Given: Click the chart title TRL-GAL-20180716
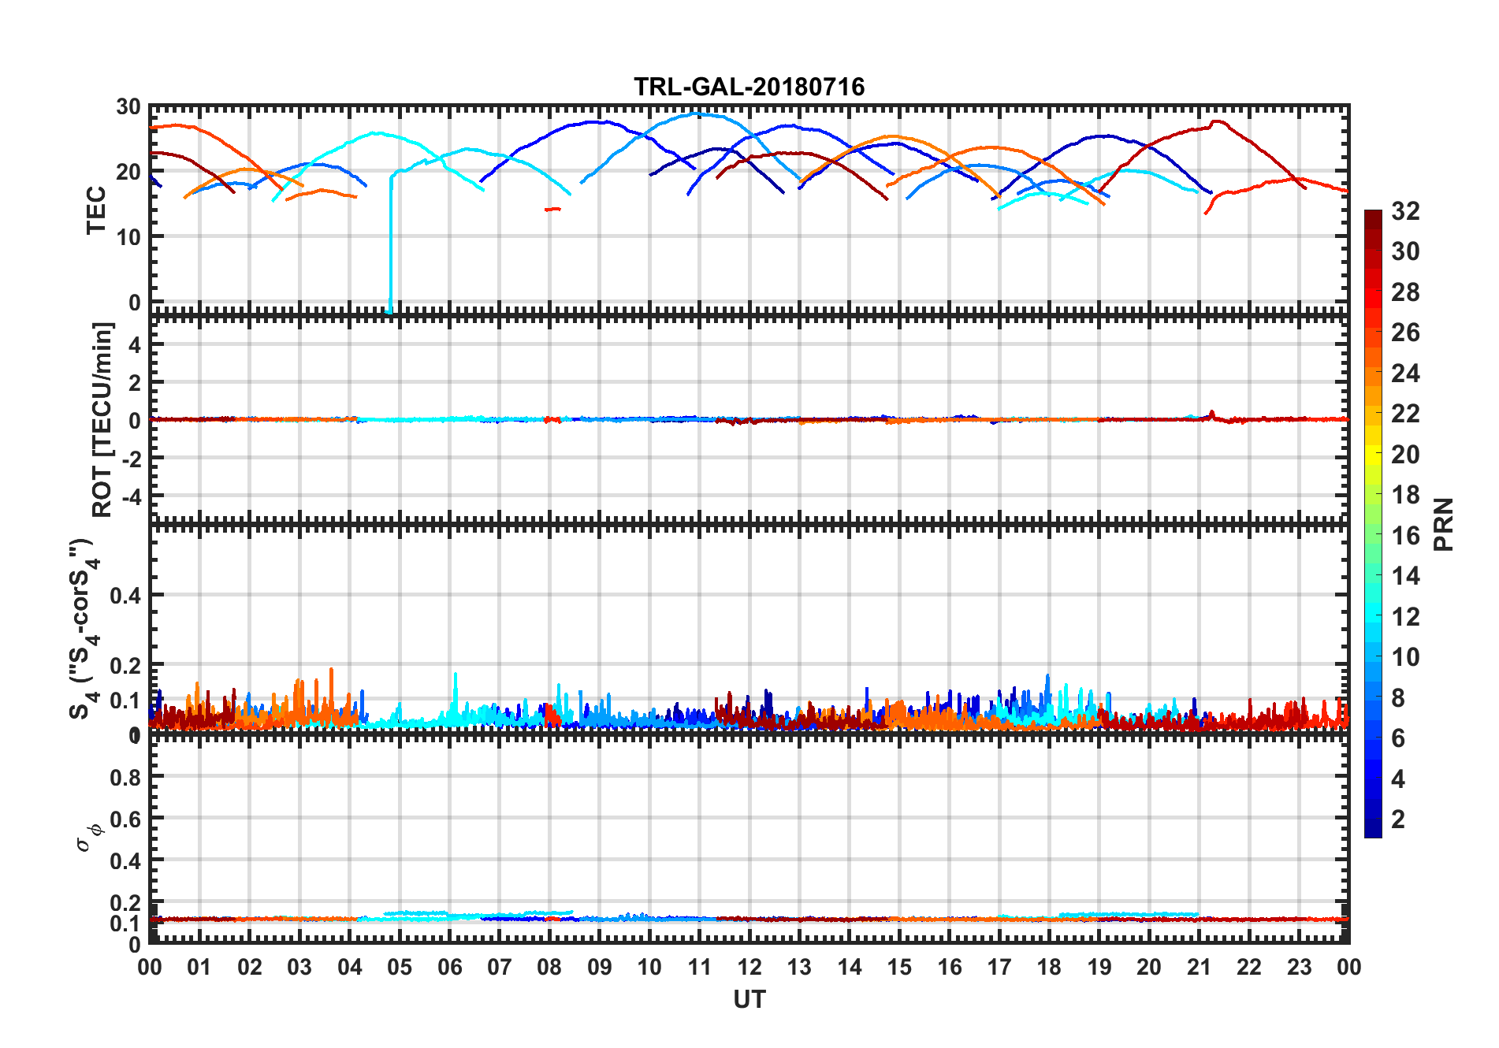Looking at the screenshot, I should point(749,86).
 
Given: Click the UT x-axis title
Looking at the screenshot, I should point(749,999).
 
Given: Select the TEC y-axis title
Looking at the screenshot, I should point(96,210).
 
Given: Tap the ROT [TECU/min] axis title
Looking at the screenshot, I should point(102,419).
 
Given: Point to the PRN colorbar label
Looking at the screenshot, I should point(1443,524).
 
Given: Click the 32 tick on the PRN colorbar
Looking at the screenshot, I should point(1405,211).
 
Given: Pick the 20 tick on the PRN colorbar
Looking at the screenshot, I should point(1405,455).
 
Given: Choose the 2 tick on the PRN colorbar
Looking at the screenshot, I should point(1398,819).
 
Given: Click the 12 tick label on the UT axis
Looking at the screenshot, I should point(749,967).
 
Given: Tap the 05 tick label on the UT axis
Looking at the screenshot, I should point(400,967).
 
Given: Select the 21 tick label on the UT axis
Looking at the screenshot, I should point(1199,967).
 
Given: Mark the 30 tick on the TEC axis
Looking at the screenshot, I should point(128,106).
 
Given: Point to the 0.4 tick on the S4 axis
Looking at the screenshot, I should point(125,596).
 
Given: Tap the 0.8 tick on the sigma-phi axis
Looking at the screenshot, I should point(125,777).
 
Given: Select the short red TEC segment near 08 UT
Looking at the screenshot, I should point(552,209).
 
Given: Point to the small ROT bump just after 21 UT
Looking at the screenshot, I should point(1211,413).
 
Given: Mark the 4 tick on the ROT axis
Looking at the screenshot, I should point(134,344).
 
